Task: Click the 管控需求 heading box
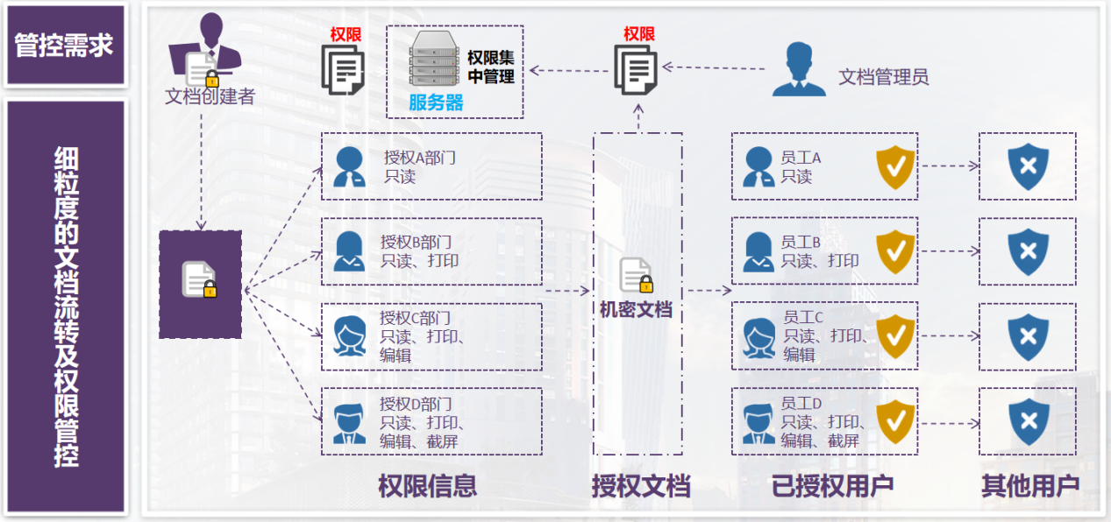pyautogui.click(x=64, y=45)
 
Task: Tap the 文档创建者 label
pyautogui.click(x=210, y=96)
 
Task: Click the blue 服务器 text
pyautogui.click(x=436, y=102)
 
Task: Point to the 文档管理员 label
pyautogui.click(x=883, y=77)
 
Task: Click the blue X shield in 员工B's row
pyautogui.click(x=1028, y=251)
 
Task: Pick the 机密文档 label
pyautogui.click(x=636, y=308)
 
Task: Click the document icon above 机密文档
pyautogui.click(x=636, y=275)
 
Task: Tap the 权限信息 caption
pyautogui.click(x=427, y=486)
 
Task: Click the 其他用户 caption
pyautogui.click(x=1029, y=486)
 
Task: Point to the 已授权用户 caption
pyautogui.click(x=831, y=486)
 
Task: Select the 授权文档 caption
pyautogui.click(x=640, y=486)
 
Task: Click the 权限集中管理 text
pyautogui.click(x=490, y=67)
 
